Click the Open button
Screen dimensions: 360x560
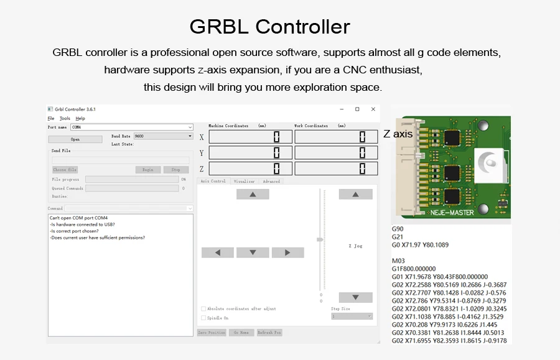75,139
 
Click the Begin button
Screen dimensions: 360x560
147,170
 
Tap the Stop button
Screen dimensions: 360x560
176,170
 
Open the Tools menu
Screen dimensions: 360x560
65,118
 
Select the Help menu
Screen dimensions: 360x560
80,118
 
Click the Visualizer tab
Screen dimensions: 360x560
245,182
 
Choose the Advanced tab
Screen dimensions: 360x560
271,182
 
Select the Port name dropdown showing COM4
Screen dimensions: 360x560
131,127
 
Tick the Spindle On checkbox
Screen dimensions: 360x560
203,318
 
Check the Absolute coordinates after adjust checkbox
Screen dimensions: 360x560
203,308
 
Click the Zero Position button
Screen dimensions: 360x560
212,333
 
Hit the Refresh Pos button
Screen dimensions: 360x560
269,333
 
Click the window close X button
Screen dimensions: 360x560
373,109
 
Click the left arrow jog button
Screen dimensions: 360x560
217,252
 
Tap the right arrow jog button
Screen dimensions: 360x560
288,252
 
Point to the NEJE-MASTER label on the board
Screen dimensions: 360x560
452,213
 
